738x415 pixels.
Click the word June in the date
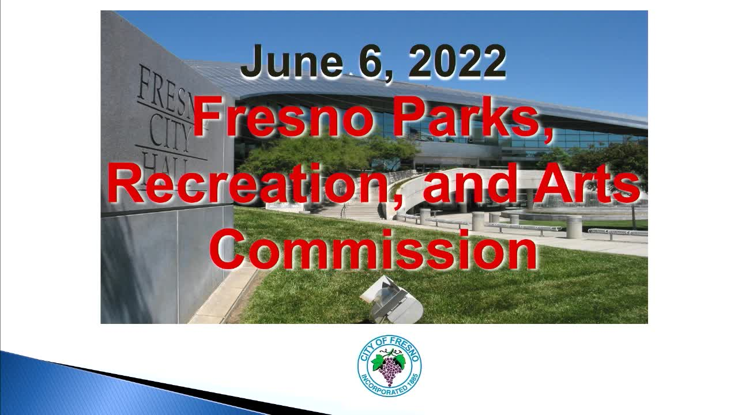click(x=292, y=61)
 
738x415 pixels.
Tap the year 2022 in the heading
click(x=457, y=62)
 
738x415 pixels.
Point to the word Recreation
click(x=247, y=183)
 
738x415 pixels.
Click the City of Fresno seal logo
click(x=389, y=366)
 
